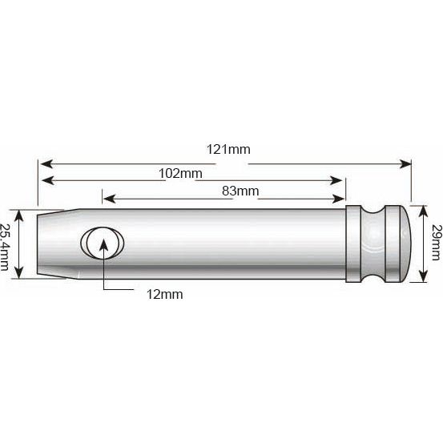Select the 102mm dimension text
pyautogui.click(x=180, y=173)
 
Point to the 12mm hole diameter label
pyautogui.click(x=166, y=294)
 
